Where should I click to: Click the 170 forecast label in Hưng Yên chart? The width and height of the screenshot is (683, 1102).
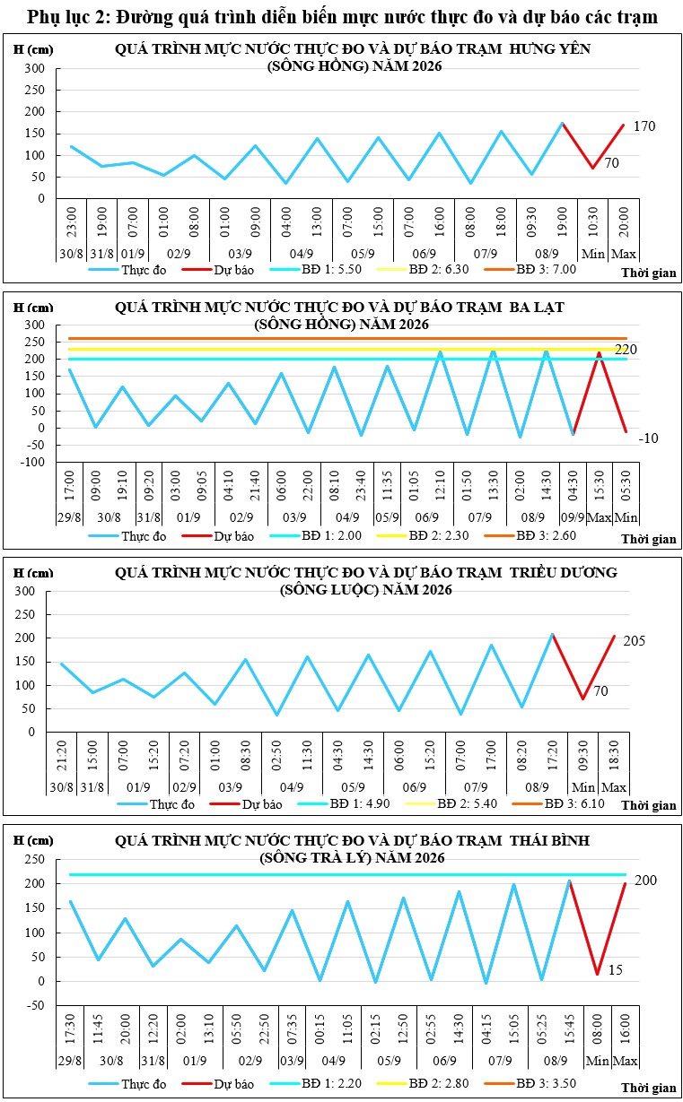tap(644, 126)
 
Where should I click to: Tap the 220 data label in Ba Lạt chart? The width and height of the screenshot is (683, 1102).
tap(626, 350)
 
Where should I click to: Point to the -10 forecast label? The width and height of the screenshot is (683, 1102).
tap(648, 438)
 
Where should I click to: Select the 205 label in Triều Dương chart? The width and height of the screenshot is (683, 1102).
tap(634, 640)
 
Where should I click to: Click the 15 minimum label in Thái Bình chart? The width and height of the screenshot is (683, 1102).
tap(616, 969)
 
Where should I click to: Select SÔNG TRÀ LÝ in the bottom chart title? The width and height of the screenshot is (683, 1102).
tap(317, 858)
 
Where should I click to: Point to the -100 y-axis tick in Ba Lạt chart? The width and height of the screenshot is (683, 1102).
tap(32, 462)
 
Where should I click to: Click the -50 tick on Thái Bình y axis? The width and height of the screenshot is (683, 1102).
tap(35, 1005)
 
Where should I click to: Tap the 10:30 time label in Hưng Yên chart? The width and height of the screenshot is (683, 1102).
tap(593, 221)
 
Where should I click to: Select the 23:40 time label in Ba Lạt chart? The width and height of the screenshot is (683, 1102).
tap(361, 486)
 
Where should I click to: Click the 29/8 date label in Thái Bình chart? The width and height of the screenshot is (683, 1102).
tap(70, 1060)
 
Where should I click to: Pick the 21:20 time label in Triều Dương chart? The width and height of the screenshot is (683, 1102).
tap(62, 756)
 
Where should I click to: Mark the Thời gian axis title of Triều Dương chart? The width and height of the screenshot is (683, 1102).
tap(649, 805)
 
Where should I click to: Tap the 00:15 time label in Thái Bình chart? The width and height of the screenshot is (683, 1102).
tap(320, 1028)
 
